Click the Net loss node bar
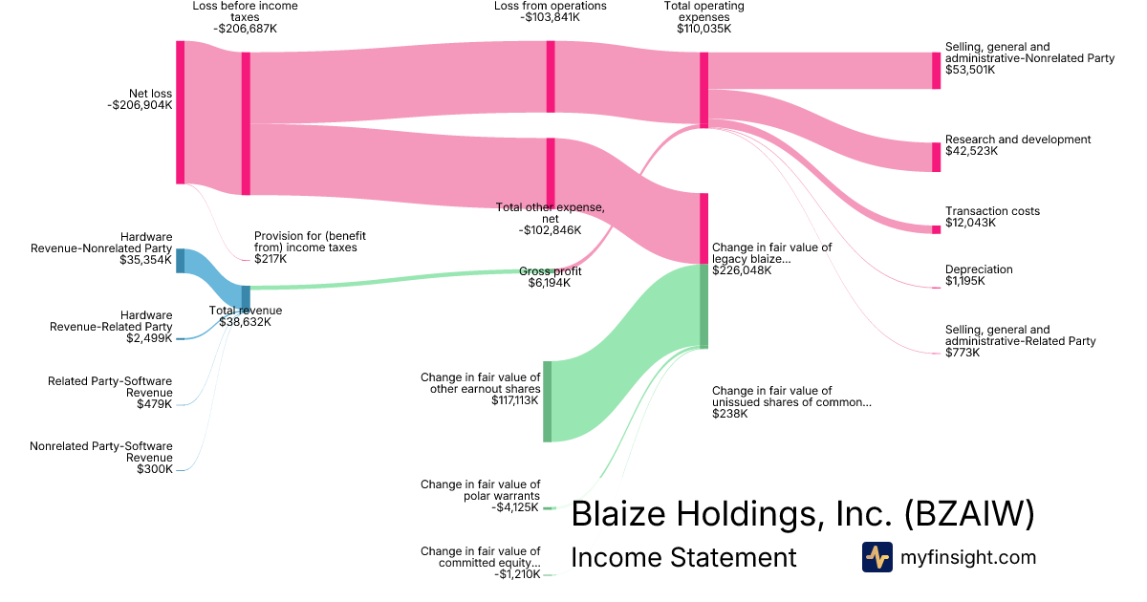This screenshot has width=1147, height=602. pos(180,112)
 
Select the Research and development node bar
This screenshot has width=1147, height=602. pos(936,157)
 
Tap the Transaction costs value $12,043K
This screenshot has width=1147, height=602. pos(970,223)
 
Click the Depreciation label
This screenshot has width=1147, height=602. pos(978,269)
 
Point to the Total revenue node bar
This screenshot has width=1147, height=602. pos(246,297)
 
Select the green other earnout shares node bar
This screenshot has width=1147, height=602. pos(548,401)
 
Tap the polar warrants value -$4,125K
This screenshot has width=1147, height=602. pos(516,507)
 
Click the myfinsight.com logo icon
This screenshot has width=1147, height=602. pos(876,557)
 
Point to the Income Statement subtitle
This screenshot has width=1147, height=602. pos(682,557)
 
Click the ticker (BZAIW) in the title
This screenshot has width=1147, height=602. pos(968,514)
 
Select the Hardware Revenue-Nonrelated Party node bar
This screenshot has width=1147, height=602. pos(180,261)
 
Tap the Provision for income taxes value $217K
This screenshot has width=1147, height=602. pos(271,259)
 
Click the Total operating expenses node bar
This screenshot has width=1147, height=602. pos(703,90)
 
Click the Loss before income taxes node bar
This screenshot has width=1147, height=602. pos(246,123)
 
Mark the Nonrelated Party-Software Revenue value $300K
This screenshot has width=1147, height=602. pos(154,469)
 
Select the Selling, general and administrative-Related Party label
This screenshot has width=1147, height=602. pos(1020,335)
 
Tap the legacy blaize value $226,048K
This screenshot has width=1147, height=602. pos(742,270)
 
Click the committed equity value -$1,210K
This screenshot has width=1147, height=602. pos(517,574)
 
